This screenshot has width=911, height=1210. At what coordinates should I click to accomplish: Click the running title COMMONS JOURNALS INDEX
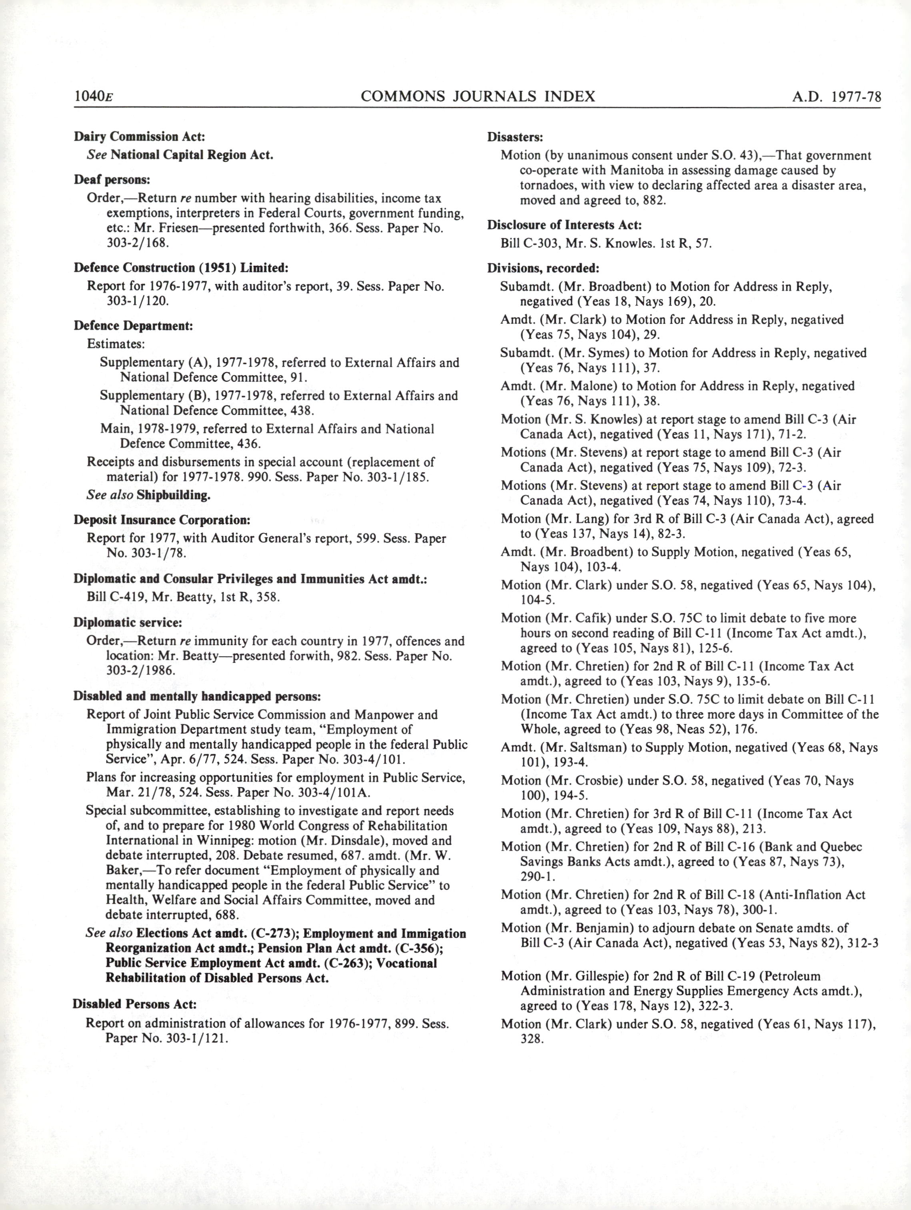[x=477, y=97]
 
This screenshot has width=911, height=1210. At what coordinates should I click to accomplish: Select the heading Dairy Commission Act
[x=140, y=136]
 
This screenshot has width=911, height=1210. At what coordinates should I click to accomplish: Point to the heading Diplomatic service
[x=128, y=622]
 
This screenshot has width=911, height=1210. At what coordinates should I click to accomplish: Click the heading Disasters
[x=515, y=136]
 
